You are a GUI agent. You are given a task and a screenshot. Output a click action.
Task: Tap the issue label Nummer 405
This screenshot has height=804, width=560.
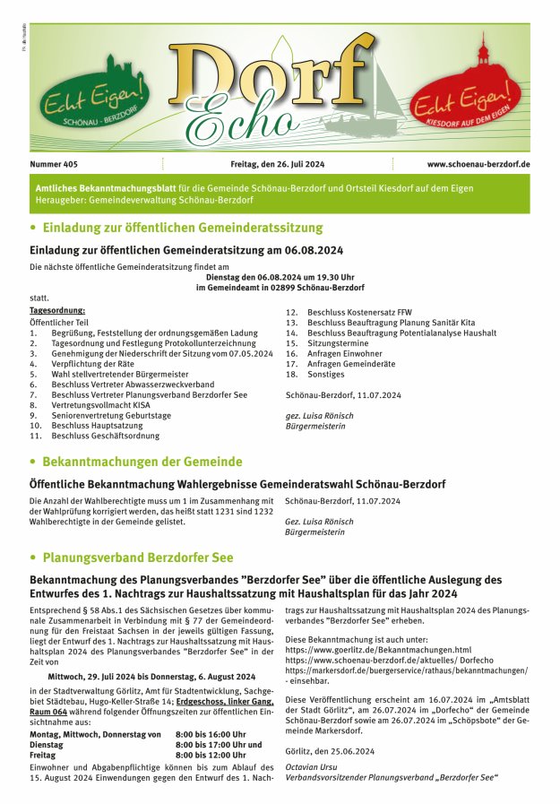point(54,165)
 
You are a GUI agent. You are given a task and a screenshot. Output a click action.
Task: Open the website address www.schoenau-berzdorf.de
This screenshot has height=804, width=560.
point(478,165)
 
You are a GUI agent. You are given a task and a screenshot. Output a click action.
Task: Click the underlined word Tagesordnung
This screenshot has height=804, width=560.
point(57,310)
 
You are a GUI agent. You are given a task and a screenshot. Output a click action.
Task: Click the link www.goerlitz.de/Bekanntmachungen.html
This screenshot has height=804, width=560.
point(378,650)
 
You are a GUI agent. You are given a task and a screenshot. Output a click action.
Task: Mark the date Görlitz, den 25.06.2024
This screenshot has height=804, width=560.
point(330,751)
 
